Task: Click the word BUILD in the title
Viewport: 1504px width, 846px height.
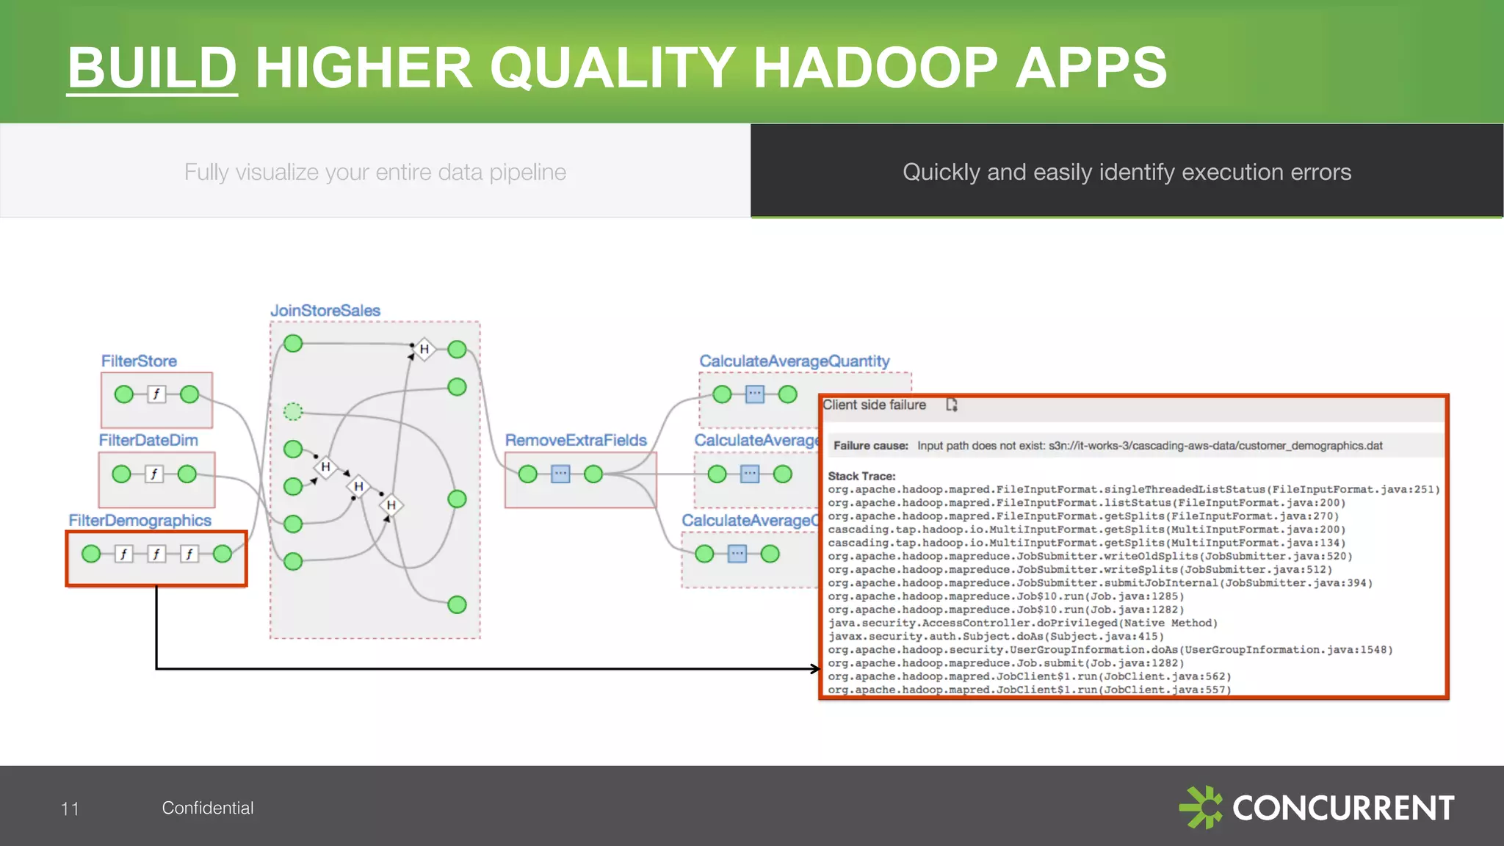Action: coord(152,68)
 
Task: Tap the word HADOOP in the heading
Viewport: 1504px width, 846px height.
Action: coord(875,68)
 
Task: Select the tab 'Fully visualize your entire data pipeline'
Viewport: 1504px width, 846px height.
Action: coord(375,172)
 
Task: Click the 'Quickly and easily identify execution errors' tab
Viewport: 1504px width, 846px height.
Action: coord(1127,172)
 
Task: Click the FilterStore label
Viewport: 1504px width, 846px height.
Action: coord(139,361)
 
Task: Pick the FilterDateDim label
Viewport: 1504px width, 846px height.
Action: coord(148,441)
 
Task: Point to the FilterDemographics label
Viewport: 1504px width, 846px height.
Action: coord(140,521)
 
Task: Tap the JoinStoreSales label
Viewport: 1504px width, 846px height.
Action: coord(325,311)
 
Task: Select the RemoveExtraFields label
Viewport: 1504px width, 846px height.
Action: coord(576,441)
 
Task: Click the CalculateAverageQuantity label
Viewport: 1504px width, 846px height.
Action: coord(794,361)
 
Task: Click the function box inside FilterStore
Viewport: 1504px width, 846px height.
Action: coord(156,394)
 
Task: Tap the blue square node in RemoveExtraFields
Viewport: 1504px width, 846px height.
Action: coord(560,474)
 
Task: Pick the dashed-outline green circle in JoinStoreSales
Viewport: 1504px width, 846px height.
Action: coord(293,411)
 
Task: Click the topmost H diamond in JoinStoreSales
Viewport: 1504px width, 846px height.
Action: coord(424,350)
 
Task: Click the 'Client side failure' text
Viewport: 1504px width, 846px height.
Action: coord(874,405)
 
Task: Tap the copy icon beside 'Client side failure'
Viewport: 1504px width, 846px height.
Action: coord(952,405)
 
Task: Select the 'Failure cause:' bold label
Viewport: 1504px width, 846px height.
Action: coord(870,446)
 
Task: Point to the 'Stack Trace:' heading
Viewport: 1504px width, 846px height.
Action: coord(861,476)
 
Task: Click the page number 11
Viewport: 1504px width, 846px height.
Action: coord(70,809)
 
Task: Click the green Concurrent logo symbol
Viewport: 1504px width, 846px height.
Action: coord(1201,807)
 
